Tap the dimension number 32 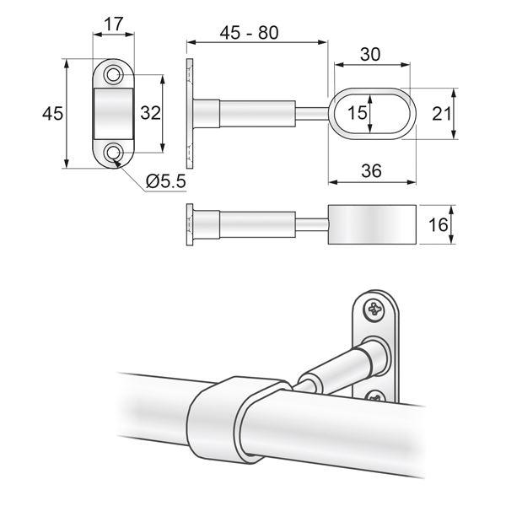pyautogui.click(x=151, y=113)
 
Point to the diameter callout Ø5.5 pyautogui.click(x=164, y=180)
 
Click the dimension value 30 pyautogui.click(x=370, y=54)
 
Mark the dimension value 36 pyautogui.click(x=370, y=170)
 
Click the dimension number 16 pyautogui.click(x=436, y=226)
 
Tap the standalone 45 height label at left pyautogui.click(x=52, y=113)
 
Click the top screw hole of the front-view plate pyautogui.click(x=113, y=76)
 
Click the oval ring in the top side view pyautogui.click(x=371, y=113)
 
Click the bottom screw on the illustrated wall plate pyautogui.click(x=373, y=393)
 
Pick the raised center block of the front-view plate pyautogui.click(x=113, y=113)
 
